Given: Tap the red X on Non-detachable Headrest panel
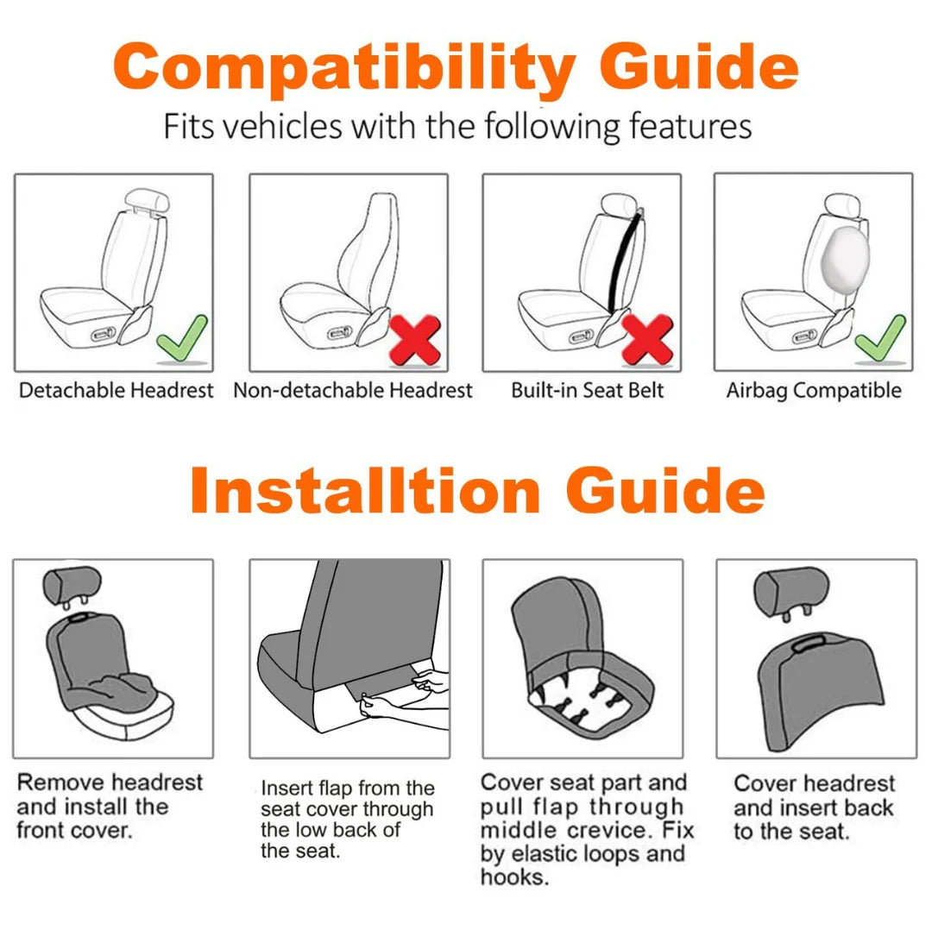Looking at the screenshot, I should pyautogui.click(x=415, y=338).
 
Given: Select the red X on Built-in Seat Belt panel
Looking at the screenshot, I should pyautogui.click(x=647, y=338).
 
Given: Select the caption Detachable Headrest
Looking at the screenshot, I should pyautogui.click(x=116, y=391).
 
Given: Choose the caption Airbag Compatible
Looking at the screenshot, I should pyautogui.click(x=813, y=391).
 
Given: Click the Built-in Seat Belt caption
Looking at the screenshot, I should pyautogui.click(x=588, y=391).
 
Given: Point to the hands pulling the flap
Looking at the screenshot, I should pyautogui.click(x=406, y=695).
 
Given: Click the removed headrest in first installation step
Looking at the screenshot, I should pyautogui.click(x=72, y=586).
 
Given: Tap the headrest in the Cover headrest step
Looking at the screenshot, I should pyautogui.click(x=790, y=588).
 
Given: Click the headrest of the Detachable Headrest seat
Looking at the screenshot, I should pyautogui.click(x=144, y=200).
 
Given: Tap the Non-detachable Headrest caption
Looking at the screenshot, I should pyautogui.click(x=353, y=391).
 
